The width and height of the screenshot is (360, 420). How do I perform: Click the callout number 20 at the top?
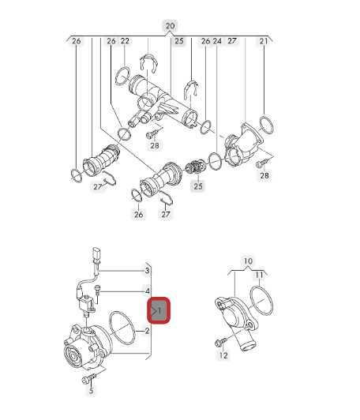pos(170,26)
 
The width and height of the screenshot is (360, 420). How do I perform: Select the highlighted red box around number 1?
pos(159,310)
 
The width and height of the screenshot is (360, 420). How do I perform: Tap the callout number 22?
pos(125,41)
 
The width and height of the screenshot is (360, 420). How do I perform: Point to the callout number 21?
pos(264,41)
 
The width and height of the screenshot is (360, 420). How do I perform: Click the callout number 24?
pos(217,41)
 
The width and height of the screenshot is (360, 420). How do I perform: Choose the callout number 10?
pos(248,261)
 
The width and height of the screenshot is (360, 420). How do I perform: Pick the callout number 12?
pos(223,355)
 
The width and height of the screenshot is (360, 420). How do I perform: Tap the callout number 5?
pos(91,391)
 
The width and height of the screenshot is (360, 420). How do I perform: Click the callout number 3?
pos(147,271)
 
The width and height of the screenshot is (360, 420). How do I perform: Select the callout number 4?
pos(148,291)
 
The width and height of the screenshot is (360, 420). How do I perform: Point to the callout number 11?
pos(259,275)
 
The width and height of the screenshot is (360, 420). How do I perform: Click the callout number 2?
pos(147,331)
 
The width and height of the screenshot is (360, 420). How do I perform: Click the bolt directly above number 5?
pos(88,378)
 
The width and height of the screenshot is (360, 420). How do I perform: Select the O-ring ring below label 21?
pos(267,125)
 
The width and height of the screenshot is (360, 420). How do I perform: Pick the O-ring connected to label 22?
pos(122,77)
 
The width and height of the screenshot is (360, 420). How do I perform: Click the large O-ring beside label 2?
pos(122,328)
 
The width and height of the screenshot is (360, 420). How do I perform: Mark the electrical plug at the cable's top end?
pos(96,254)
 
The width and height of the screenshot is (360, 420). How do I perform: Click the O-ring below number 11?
pos(261,300)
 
